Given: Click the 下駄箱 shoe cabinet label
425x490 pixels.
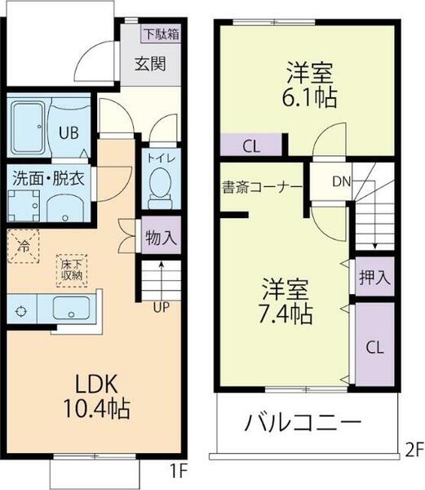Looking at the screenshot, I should coord(161,34).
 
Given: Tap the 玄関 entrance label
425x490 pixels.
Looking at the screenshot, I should coord(152,63).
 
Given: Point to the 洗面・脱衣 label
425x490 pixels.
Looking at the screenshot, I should coord(50,178).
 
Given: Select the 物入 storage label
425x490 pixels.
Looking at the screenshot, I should coord(160,238).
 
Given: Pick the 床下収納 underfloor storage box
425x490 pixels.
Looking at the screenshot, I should coord(71,268).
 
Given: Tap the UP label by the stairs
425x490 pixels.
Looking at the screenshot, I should coord(162,306).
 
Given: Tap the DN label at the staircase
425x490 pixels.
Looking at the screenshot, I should coord(341,182).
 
